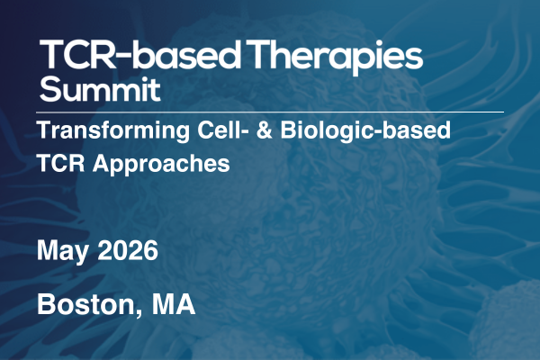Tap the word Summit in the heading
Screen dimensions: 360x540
(100, 91)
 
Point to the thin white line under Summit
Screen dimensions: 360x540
(270, 112)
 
